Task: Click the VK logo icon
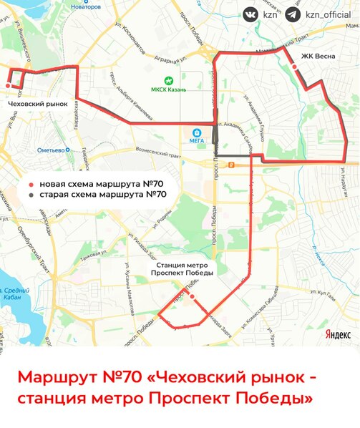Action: point(250,14)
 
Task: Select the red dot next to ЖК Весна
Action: point(295,67)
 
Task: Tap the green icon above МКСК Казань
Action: point(169,80)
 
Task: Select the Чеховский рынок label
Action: point(37,103)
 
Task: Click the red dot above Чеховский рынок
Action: point(9,85)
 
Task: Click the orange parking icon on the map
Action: point(230,164)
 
